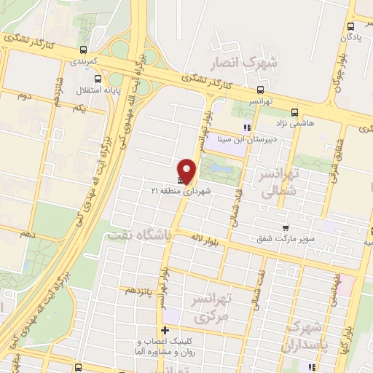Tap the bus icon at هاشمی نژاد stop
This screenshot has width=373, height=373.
tap(294, 112)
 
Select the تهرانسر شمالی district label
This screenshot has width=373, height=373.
tap(280, 182)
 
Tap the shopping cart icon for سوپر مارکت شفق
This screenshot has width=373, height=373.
tap(286, 227)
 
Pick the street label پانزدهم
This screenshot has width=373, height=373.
tap(139, 291)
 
